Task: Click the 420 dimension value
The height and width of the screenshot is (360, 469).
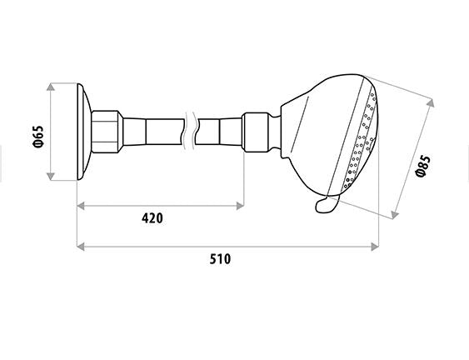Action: tap(152, 218)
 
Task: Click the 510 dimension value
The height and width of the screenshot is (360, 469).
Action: tap(219, 259)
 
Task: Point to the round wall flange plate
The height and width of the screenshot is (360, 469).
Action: tap(82, 131)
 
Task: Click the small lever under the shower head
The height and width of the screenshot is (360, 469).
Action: tap(326, 203)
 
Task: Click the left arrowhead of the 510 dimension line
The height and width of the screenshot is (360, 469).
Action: tap(80, 247)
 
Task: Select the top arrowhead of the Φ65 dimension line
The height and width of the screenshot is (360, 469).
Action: tap(52, 86)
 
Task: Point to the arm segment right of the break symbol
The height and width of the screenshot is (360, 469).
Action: tap(222, 131)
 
